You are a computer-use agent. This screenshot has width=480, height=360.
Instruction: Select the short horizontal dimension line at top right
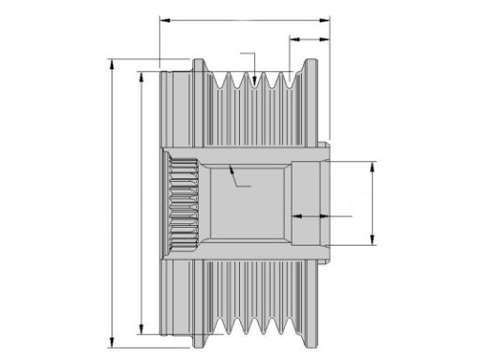pos(308,39)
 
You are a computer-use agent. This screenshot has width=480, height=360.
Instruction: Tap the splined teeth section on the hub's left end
pos(183,203)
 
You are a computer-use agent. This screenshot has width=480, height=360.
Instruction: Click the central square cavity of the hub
pos(247,202)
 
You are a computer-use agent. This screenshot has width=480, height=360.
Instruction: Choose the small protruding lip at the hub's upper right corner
pos(324,145)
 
